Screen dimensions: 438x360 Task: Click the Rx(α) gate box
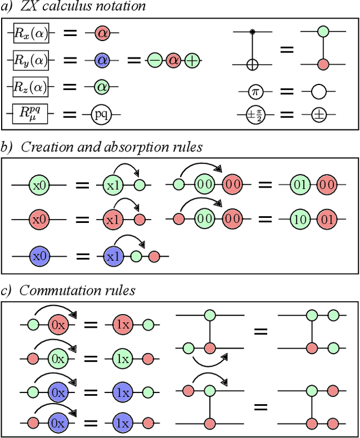[x=32, y=33]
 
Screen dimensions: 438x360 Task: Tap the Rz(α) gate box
[x=32, y=87]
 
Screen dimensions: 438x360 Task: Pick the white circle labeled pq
[x=102, y=115]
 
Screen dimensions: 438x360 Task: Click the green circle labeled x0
[x=39, y=184]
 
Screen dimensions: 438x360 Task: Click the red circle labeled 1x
[x=123, y=324]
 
